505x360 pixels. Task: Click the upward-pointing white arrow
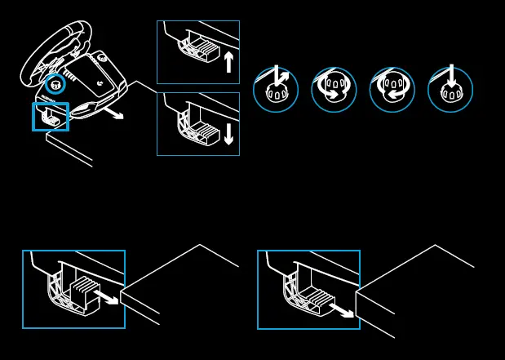[x=228, y=62]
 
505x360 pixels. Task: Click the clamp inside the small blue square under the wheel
[x=51, y=118]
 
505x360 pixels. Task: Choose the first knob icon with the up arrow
[x=276, y=89]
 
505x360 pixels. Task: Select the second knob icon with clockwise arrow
[x=334, y=89]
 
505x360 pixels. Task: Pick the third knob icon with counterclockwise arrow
[x=392, y=89]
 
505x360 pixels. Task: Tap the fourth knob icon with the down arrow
[x=450, y=89]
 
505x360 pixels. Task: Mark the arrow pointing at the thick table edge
[x=343, y=310]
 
